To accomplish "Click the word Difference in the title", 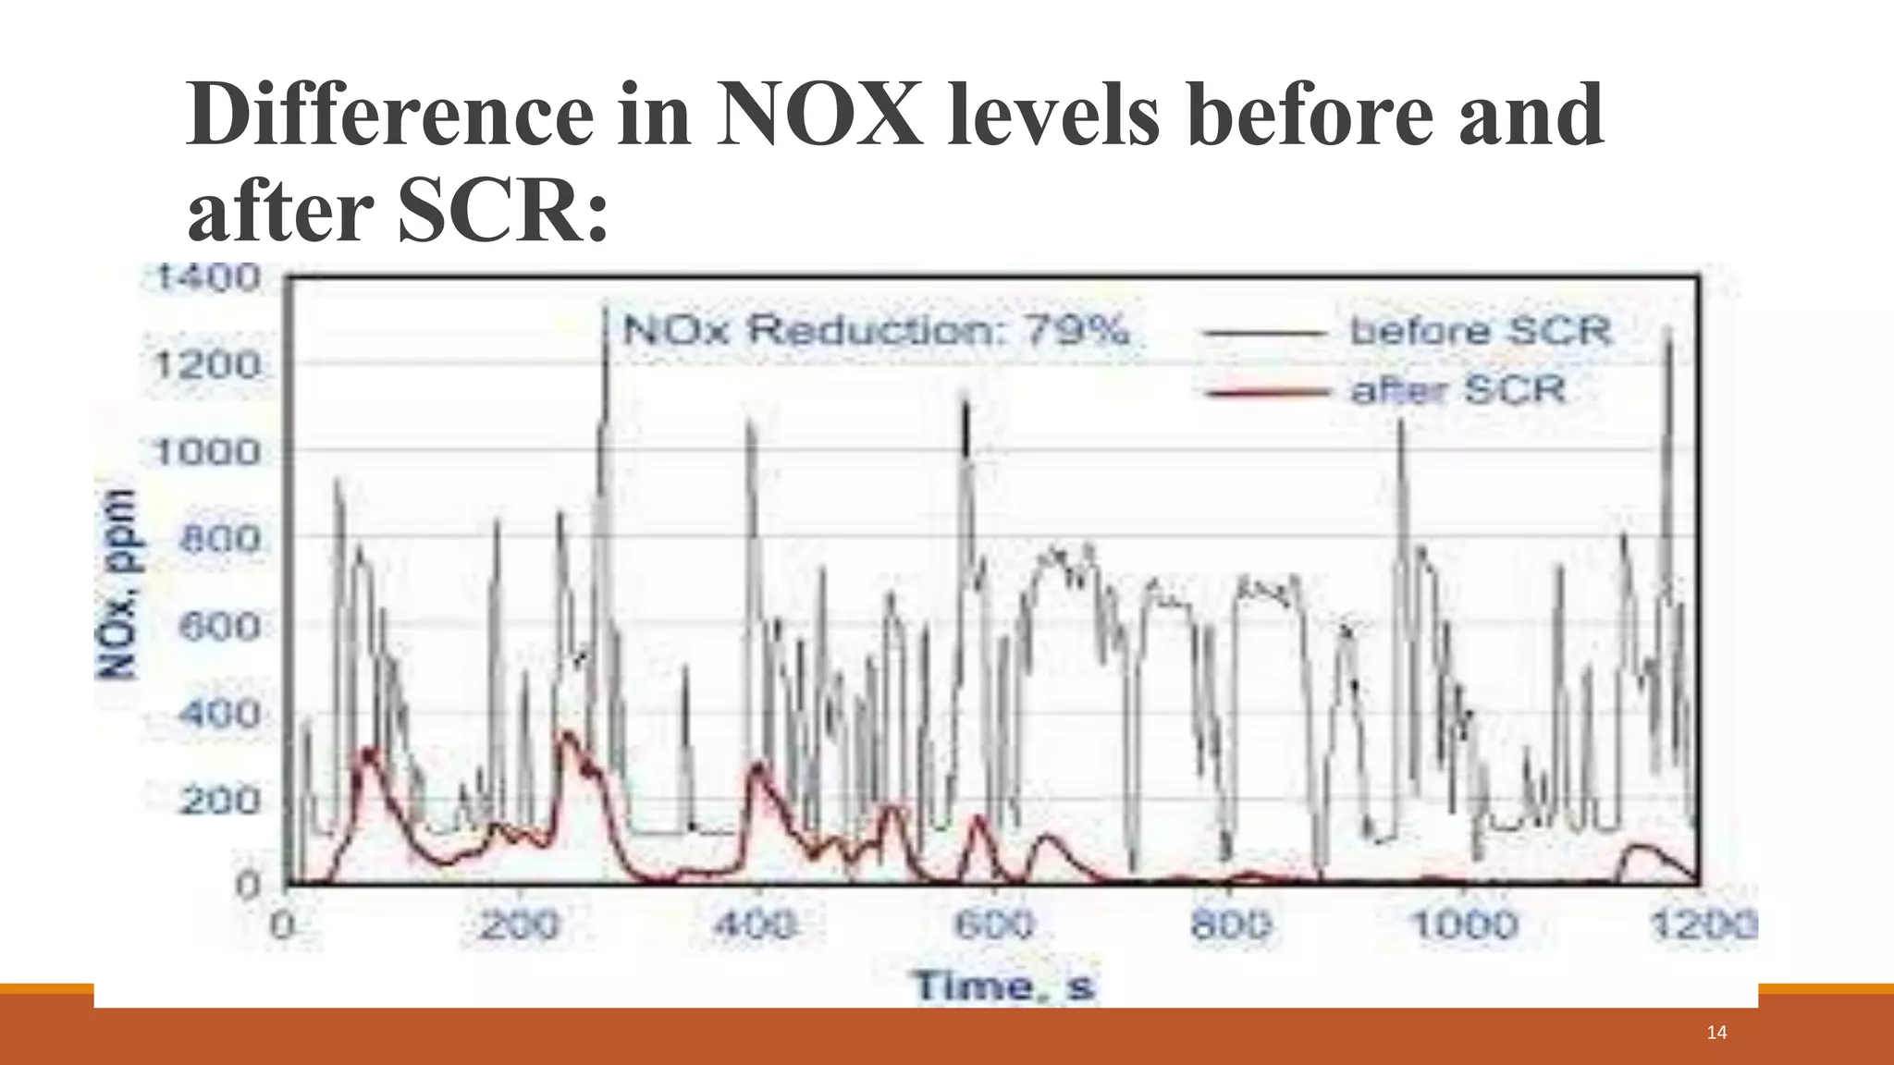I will [x=390, y=115].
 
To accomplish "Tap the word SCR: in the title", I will [x=503, y=213].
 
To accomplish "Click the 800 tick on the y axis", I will [x=220, y=539].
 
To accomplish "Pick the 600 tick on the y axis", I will [x=220, y=627].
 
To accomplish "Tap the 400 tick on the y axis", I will [x=220, y=714].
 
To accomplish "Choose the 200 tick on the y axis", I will [x=220, y=801].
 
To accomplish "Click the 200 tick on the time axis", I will [x=519, y=924].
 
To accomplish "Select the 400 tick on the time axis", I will [x=756, y=924].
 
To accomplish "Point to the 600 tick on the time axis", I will [x=992, y=924].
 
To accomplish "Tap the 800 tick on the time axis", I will [x=1229, y=924].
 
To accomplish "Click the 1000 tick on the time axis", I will [x=1464, y=924].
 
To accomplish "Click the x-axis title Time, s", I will [x=1003, y=985].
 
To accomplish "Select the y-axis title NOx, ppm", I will [x=119, y=583].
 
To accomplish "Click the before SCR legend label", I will [x=1480, y=331].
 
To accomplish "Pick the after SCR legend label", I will [x=1458, y=390].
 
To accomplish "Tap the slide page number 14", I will [x=1716, y=1033].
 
